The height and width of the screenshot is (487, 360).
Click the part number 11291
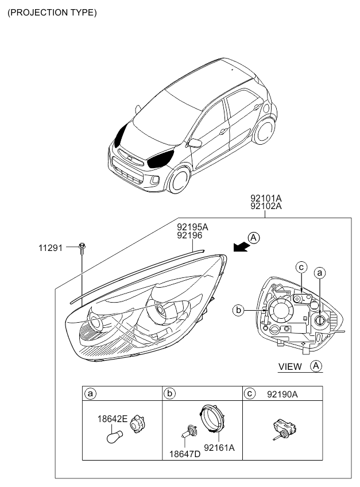pyautogui.click(x=51, y=248)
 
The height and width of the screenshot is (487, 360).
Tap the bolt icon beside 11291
pyautogui.click(x=82, y=249)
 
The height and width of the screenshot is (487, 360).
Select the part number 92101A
pyautogui.click(x=266, y=198)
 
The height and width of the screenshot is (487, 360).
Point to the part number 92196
pyautogui.click(x=189, y=235)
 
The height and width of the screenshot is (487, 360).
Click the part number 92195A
pyautogui.click(x=192, y=227)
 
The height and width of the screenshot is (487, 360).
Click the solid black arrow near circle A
pyautogui.click(x=241, y=246)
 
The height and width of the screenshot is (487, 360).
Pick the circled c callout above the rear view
pyautogui.click(x=301, y=267)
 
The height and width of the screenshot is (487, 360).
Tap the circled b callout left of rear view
pyautogui.click(x=238, y=310)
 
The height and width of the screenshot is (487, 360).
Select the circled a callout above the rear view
pyautogui.click(x=320, y=273)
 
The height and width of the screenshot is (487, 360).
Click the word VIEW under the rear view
pyautogui.click(x=290, y=367)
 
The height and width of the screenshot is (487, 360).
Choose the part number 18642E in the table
pyautogui.click(x=112, y=419)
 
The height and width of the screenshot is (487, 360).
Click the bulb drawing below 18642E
pyautogui.click(x=115, y=436)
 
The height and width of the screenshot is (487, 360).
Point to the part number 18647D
pyautogui.click(x=185, y=454)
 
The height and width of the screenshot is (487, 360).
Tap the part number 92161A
pyautogui.click(x=219, y=447)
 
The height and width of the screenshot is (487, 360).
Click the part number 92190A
pyautogui.click(x=282, y=395)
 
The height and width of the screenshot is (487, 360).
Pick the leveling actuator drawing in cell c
pyautogui.click(x=285, y=429)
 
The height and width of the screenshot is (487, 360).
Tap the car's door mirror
pyautogui.click(x=195, y=143)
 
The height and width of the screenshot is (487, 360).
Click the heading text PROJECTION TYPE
pyautogui.click(x=52, y=13)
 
